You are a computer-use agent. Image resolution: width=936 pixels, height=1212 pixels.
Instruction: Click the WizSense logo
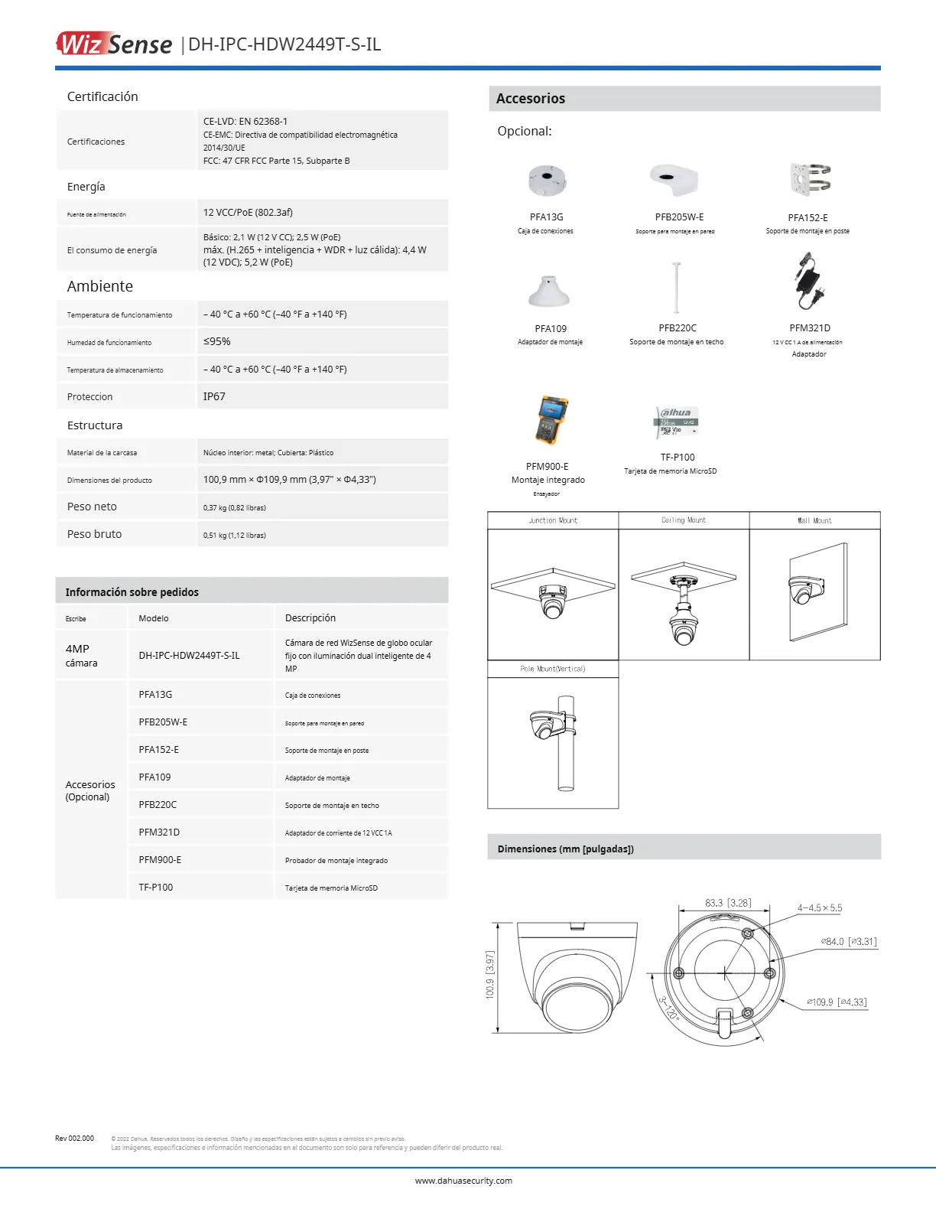coord(115,44)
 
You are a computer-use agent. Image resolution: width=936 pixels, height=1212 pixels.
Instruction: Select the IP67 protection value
coord(214,396)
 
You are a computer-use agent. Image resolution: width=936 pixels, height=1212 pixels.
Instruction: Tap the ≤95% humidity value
coord(216,341)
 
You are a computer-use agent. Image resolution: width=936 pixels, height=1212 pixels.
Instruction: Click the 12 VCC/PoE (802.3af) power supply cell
coord(248,212)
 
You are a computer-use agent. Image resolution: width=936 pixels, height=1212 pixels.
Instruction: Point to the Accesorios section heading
coord(531,99)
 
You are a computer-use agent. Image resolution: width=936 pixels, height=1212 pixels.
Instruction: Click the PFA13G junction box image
coord(546,181)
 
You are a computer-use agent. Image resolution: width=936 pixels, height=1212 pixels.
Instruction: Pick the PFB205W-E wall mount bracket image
coord(674,181)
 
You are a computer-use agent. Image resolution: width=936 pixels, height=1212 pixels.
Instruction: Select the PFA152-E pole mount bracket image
coord(810,180)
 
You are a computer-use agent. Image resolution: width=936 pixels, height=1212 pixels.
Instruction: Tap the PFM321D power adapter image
coord(808,282)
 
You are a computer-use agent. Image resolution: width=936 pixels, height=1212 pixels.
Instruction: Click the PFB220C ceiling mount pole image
coord(677,288)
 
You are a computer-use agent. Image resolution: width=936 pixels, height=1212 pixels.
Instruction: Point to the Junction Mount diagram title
coord(553,520)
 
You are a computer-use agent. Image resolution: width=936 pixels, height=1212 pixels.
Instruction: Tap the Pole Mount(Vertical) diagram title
coord(553,669)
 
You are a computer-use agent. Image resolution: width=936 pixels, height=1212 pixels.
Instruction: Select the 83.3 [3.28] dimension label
coord(727,903)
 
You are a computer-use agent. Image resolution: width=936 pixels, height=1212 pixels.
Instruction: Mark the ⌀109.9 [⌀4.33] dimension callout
coord(837,1002)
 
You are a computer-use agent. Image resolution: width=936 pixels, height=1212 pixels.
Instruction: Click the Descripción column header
coord(310,618)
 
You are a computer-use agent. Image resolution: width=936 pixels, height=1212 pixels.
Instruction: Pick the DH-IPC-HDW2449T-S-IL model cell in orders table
coord(189,656)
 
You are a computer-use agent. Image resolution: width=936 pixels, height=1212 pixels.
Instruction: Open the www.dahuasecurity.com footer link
coord(463,1181)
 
